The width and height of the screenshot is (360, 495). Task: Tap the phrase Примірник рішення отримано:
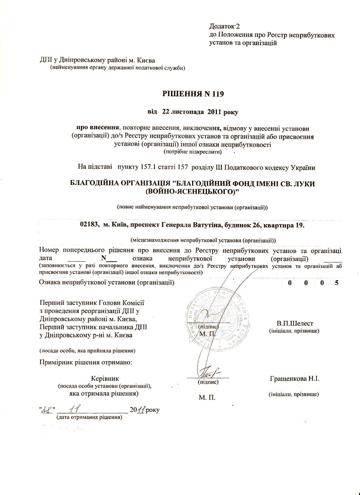(x=86, y=362)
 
